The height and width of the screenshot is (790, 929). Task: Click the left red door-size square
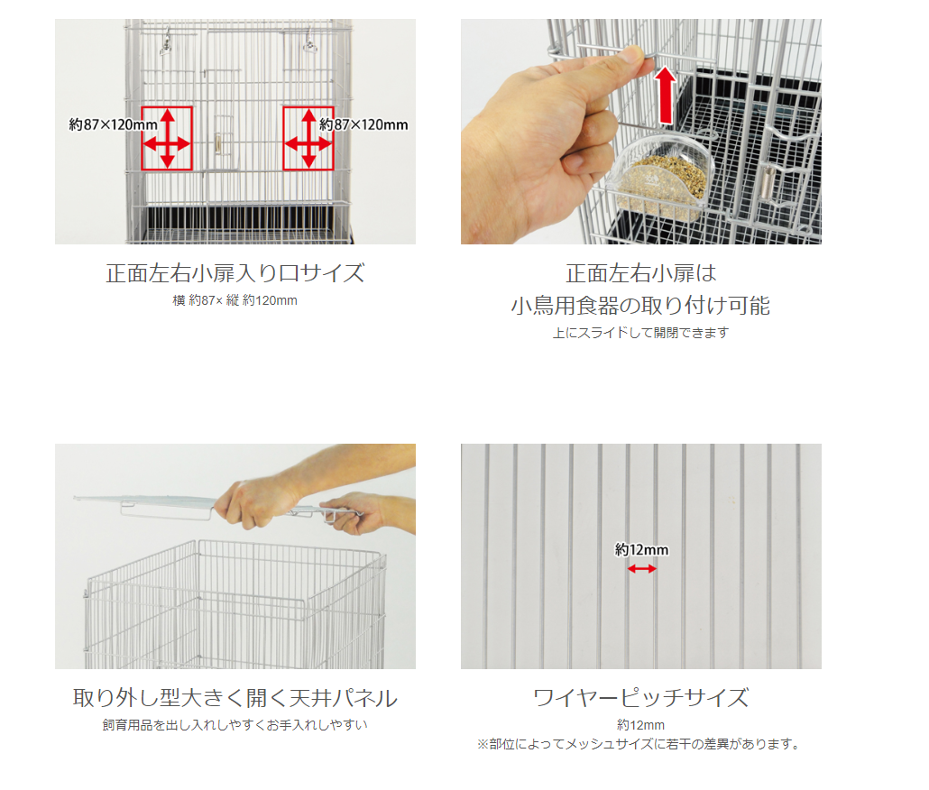[143, 138]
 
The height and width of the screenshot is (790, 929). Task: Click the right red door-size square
[284, 138]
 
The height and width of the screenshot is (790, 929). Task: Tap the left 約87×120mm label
[113, 125]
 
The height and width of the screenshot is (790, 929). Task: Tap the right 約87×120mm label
[363, 125]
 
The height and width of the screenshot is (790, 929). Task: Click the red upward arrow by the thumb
[666, 95]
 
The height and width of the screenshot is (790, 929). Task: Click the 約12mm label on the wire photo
[641, 550]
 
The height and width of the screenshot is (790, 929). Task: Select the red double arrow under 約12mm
[641, 568]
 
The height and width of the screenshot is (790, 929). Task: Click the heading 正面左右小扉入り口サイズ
[235, 273]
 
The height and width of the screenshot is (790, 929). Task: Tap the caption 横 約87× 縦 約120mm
[235, 300]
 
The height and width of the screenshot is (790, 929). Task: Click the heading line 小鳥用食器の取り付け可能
[640, 306]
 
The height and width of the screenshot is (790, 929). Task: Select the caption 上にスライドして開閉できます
[640, 333]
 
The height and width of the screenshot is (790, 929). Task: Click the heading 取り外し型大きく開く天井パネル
[235, 698]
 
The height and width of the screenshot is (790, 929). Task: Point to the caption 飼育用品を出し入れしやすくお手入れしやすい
[235, 725]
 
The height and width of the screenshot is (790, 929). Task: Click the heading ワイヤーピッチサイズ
[640, 698]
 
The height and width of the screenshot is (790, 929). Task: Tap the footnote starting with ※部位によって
[639, 744]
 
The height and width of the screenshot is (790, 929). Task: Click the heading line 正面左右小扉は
[640, 273]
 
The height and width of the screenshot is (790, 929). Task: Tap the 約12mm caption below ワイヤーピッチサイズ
[640, 725]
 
